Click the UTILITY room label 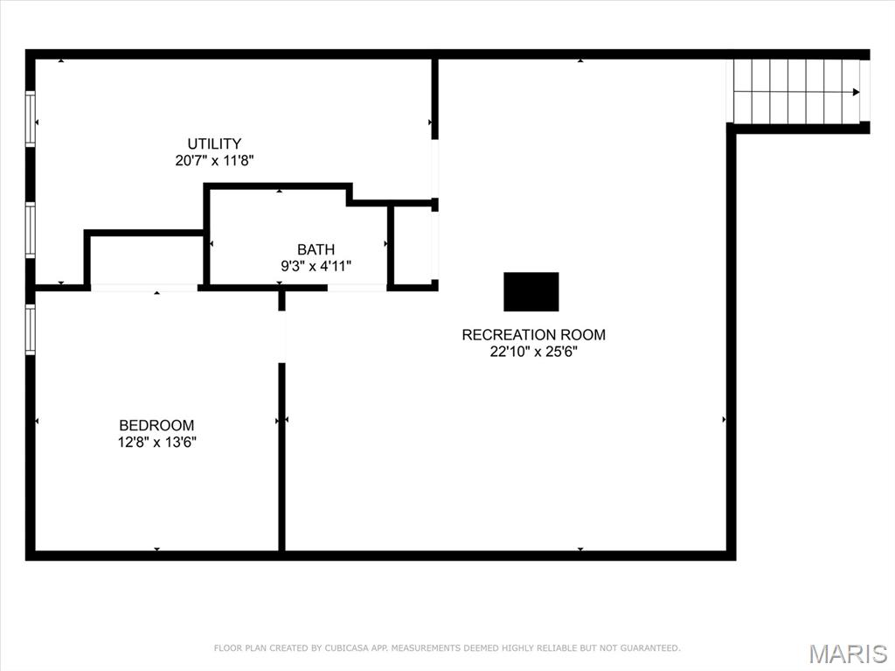pyautogui.click(x=214, y=143)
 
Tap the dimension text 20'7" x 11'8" pyautogui.click(x=214, y=160)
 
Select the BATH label pyautogui.click(x=316, y=249)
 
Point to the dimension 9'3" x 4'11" pyautogui.click(x=316, y=266)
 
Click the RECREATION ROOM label pyautogui.click(x=533, y=334)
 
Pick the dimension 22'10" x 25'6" pyautogui.click(x=533, y=352)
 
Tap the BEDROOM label pyautogui.click(x=157, y=426)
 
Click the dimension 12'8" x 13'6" pyautogui.click(x=157, y=443)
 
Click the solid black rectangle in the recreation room pyautogui.click(x=531, y=291)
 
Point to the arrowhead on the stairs pyautogui.click(x=856, y=92)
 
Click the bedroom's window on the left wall pyautogui.click(x=31, y=330)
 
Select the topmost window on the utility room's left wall pyautogui.click(x=31, y=119)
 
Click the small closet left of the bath pyautogui.click(x=146, y=260)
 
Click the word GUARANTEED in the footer pyautogui.click(x=649, y=648)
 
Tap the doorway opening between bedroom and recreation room pyautogui.click(x=281, y=337)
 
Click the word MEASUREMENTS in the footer pyautogui.click(x=429, y=648)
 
